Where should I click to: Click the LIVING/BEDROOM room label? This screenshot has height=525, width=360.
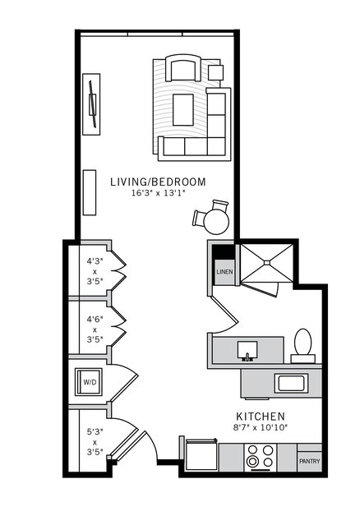point(158,181)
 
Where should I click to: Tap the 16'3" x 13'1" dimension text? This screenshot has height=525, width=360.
point(158,194)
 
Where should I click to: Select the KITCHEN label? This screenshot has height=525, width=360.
point(260,416)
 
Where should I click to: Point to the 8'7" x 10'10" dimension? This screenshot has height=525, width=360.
point(260,428)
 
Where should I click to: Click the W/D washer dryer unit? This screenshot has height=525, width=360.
point(89,382)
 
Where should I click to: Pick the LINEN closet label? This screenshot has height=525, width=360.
point(224,272)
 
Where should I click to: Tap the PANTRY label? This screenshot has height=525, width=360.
point(309,461)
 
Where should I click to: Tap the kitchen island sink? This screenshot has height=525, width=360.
point(291,382)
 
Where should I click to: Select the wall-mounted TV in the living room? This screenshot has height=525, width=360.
point(93,103)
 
